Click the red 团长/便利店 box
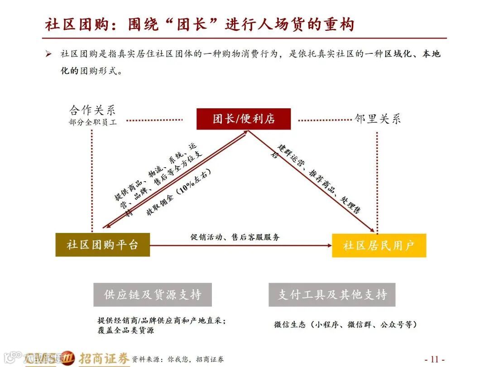(244, 119)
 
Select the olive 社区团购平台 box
(102, 245)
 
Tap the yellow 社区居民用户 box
(379, 246)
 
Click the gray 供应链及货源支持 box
(153, 295)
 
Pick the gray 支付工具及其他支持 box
(332, 295)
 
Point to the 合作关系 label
(92, 110)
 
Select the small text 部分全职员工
(92, 122)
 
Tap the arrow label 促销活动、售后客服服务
(235, 237)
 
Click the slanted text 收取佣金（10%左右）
(178, 193)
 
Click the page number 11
(434, 359)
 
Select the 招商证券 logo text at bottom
(104, 358)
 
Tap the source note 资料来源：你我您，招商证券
(177, 359)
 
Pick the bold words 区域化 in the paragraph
(398, 54)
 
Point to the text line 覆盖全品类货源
(125, 330)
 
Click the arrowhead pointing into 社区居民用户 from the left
(330, 246)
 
